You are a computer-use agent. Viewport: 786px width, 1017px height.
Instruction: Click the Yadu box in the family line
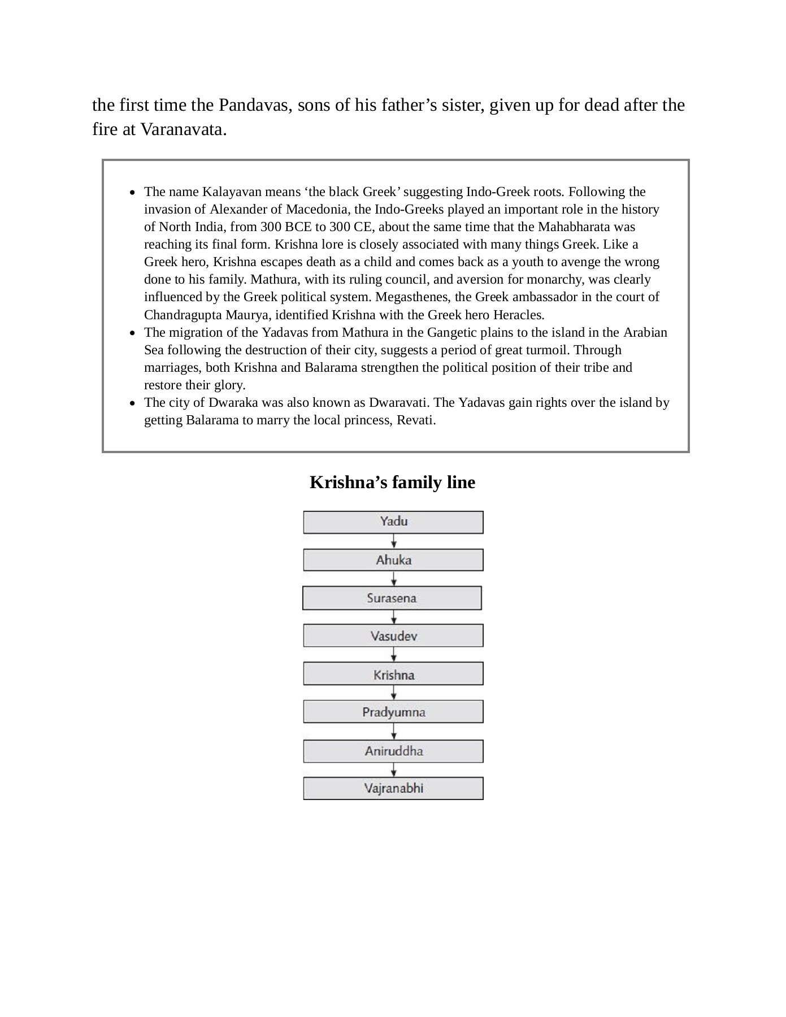[393, 522]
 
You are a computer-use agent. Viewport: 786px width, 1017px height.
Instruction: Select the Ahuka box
[393, 560]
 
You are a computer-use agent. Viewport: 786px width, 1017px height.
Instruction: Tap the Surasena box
[392, 598]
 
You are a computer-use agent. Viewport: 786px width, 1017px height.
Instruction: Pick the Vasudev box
[393, 636]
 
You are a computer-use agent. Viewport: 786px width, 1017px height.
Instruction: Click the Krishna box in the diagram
[393, 675]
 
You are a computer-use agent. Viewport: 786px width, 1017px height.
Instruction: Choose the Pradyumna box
[393, 712]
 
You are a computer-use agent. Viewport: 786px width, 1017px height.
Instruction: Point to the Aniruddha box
[393, 751]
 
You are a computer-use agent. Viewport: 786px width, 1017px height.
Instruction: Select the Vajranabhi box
[393, 789]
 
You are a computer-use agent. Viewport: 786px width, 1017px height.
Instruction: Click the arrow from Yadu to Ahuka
[394, 542]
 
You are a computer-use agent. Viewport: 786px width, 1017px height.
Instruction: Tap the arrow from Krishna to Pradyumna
[394, 693]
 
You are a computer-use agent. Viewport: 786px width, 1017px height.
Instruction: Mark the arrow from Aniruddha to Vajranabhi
[394, 770]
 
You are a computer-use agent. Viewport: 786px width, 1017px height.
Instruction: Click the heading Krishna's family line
[392, 482]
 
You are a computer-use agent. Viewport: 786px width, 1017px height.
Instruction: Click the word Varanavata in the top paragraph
[183, 129]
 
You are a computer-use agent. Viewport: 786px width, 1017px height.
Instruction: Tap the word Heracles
[518, 315]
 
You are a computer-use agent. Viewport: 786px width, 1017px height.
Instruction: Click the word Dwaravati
[398, 403]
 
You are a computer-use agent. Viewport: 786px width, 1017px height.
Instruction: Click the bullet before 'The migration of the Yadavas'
[132, 333]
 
